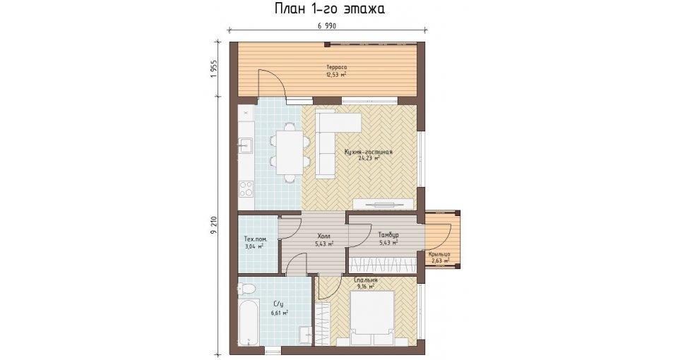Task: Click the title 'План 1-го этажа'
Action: coord(329,8)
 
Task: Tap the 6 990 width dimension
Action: coord(326,26)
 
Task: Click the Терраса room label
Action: coord(336,68)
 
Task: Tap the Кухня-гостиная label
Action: coord(369,152)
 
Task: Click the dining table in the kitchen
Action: coord(290,152)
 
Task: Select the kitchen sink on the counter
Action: coord(246,145)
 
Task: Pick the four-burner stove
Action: coord(246,188)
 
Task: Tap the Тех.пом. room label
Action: coord(256,239)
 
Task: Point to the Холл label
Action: coord(323,236)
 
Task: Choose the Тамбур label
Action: coord(388,235)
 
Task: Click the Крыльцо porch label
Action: coord(440,255)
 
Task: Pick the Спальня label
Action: coord(365,280)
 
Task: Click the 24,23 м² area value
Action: coord(369,158)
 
